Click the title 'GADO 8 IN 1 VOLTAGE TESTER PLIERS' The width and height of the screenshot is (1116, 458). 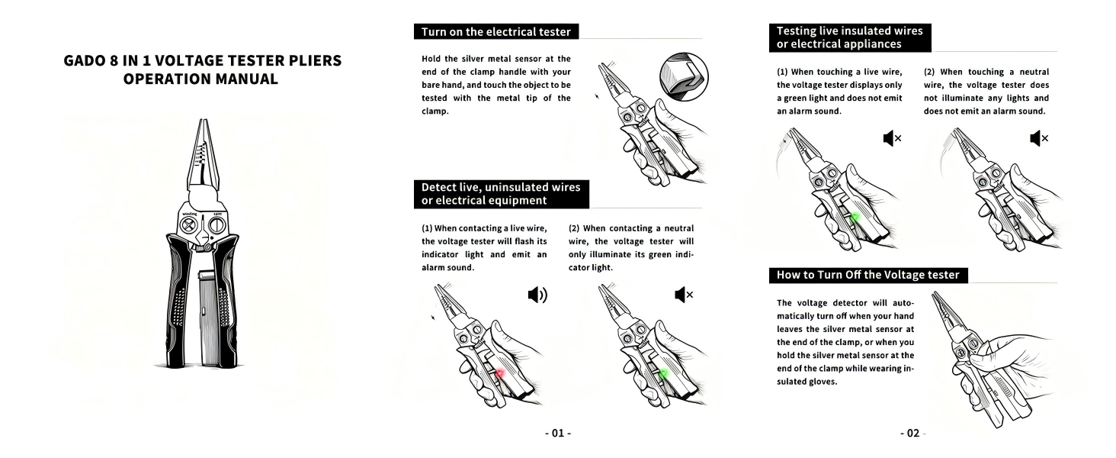click(x=203, y=61)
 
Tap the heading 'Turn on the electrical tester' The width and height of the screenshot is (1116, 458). click(x=496, y=31)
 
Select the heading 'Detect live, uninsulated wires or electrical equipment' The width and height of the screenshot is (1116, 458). click(x=501, y=194)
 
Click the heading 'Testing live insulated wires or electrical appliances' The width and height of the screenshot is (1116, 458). click(x=849, y=37)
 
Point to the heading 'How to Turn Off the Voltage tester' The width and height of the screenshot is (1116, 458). click(x=867, y=275)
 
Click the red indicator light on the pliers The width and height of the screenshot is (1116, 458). click(x=500, y=373)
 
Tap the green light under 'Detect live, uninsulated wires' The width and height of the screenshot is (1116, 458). click(x=663, y=373)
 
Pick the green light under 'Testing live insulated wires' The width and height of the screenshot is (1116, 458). click(x=855, y=218)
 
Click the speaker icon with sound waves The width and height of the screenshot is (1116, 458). click(x=537, y=295)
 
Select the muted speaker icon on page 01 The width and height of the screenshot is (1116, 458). click(x=684, y=295)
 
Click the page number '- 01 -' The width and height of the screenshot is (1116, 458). click(x=558, y=433)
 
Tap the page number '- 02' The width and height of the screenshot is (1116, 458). click(x=911, y=433)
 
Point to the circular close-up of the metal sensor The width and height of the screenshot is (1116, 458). click(x=684, y=79)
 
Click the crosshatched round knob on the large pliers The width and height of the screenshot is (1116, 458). click(x=188, y=227)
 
